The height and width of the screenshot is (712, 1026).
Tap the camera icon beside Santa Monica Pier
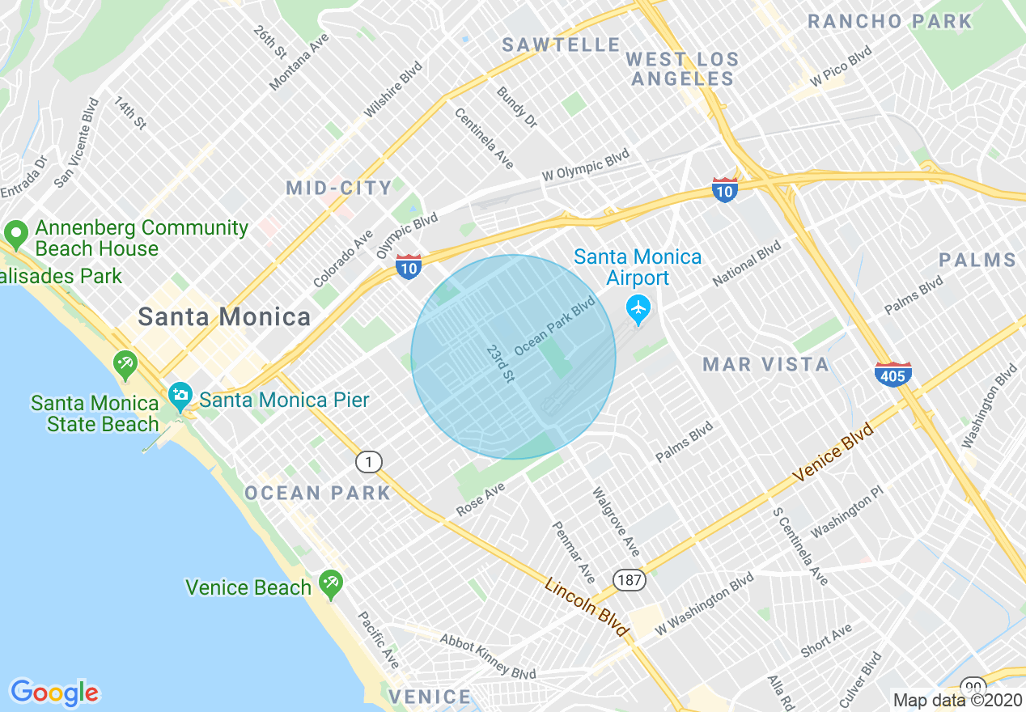tap(180, 396)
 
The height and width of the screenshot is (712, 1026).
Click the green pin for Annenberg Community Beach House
tap(15, 235)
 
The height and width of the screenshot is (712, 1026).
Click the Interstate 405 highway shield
tap(892, 374)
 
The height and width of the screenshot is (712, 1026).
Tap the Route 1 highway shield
tap(369, 462)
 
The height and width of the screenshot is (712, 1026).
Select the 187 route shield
tap(628, 579)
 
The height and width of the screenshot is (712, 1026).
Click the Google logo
tap(54, 693)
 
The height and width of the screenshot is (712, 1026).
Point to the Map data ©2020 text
tap(957, 701)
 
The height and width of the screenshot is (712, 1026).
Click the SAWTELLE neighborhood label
tap(561, 45)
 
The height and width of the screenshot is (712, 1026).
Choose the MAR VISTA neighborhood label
tap(765, 365)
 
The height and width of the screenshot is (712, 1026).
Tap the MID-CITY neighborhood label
tap(339, 189)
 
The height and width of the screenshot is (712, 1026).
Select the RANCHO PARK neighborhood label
tap(890, 22)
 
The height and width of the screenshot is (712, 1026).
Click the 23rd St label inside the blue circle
tap(501, 363)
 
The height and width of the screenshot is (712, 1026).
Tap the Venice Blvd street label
tap(833, 453)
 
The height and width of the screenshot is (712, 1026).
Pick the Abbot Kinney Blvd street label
tap(488, 656)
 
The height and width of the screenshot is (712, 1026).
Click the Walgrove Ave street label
tap(616, 522)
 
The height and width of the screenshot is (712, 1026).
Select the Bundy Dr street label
tap(517, 108)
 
